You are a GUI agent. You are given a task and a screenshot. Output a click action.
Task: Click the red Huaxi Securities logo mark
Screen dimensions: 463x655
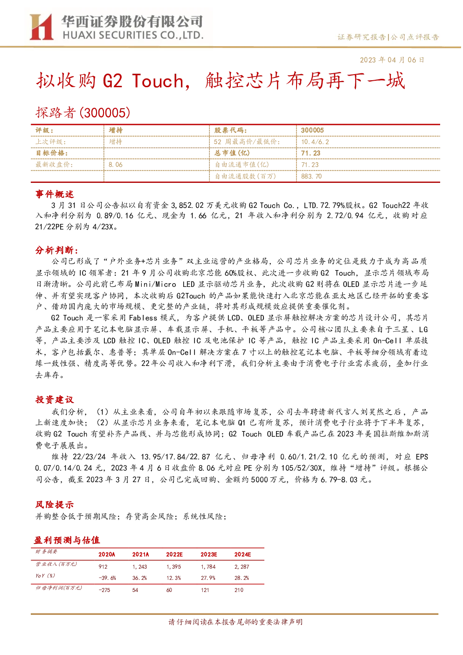pos(41,27)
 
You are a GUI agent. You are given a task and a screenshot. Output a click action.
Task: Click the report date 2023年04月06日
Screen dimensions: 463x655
pos(392,60)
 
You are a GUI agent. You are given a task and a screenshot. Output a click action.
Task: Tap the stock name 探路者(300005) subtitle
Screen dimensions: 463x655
pos(83,112)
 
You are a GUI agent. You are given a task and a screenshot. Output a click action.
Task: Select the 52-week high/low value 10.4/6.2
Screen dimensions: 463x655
pos(315,142)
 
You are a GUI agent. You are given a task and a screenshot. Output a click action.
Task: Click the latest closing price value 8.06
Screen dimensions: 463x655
pos(116,165)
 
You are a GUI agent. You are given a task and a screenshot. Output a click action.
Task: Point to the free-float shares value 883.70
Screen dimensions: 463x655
pos(311,176)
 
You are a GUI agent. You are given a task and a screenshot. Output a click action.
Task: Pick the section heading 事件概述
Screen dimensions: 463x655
pos(55,194)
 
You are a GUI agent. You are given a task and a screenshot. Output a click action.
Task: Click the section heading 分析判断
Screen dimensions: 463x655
pos(57,250)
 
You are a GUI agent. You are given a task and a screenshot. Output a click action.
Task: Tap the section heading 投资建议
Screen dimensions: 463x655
pos(55,399)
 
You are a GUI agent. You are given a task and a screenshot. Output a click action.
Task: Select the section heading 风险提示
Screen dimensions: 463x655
pos(55,504)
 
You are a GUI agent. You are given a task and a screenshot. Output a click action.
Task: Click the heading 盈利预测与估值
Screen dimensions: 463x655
pos(67,540)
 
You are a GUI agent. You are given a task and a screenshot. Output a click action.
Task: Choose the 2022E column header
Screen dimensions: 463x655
pos(174,554)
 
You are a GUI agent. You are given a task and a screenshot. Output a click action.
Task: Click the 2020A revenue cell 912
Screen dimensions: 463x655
pos(103,567)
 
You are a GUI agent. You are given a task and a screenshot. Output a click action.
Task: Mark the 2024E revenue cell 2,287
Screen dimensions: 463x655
pos(242,567)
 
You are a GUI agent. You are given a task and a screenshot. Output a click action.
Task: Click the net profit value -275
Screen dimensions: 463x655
pos(104,590)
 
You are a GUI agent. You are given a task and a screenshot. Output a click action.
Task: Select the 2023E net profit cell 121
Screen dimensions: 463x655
pos(205,590)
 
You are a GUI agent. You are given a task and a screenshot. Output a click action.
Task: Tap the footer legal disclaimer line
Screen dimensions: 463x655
pos(235,622)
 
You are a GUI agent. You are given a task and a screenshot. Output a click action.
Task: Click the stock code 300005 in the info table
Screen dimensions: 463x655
pos(312,131)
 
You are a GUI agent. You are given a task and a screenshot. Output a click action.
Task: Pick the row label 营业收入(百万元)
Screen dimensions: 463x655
pos(56,564)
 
